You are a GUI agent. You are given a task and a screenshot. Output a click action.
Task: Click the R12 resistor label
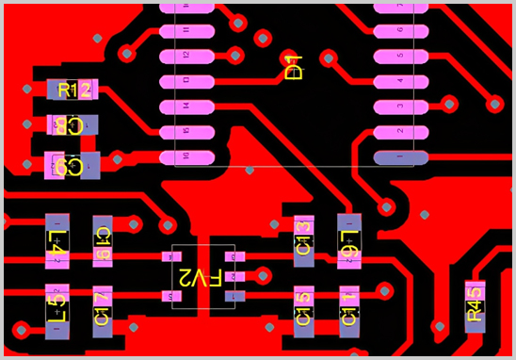pyautogui.click(x=73, y=90)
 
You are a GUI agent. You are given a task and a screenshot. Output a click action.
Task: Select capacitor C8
pyautogui.click(x=73, y=124)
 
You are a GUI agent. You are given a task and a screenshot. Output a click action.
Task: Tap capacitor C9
pyautogui.click(x=73, y=167)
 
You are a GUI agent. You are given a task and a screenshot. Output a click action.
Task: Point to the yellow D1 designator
pyautogui.click(x=293, y=68)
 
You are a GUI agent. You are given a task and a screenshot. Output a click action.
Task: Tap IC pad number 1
pyautogui.click(x=399, y=155)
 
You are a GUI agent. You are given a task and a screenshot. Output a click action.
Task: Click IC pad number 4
pyautogui.click(x=399, y=81)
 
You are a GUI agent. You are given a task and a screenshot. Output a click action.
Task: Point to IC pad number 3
pyautogui.click(x=399, y=106)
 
